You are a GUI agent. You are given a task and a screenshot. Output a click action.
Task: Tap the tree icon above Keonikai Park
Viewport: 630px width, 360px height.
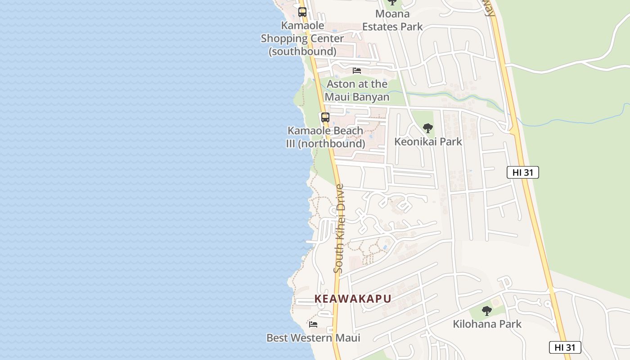point(428,128)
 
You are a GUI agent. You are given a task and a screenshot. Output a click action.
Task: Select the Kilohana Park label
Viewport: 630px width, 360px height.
point(487,324)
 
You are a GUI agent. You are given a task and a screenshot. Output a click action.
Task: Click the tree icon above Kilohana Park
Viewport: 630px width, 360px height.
point(486,310)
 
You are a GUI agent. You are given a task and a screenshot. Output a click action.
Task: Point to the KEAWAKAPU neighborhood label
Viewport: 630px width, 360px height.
point(352,299)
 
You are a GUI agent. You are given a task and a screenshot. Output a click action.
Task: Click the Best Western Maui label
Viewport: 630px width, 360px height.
point(313,337)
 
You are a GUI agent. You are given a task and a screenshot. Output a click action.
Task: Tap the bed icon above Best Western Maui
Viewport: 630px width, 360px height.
point(313,324)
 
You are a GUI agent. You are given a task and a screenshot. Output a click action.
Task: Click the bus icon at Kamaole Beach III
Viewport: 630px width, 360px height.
point(325,117)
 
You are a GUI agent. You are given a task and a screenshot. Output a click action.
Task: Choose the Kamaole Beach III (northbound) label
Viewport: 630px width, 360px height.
point(325,137)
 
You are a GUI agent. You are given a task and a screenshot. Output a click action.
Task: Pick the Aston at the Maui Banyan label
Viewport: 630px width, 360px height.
point(357,90)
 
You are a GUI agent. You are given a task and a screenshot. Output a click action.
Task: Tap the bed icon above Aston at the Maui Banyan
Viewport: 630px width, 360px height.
point(357,71)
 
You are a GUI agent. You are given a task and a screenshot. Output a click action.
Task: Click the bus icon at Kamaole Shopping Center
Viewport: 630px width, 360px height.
point(302,12)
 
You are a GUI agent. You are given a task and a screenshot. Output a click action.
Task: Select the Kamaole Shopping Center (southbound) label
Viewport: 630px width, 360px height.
point(302,38)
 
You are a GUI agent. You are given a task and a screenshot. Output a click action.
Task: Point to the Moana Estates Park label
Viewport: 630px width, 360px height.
point(392,20)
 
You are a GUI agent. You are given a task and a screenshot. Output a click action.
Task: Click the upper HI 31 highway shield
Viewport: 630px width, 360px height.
point(522,172)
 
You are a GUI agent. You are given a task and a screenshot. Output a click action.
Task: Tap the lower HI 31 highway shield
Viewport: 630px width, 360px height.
point(565,347)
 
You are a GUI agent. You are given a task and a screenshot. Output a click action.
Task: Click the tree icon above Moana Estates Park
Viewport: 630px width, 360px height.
point(392,2)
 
